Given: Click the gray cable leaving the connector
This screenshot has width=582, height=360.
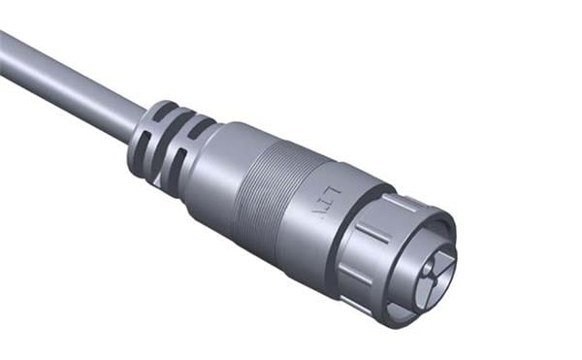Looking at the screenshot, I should click(x=68, y=82).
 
